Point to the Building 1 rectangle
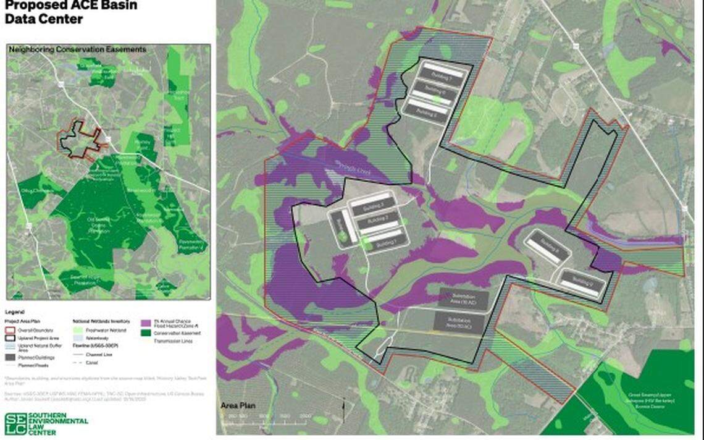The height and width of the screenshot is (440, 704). pos(379,239)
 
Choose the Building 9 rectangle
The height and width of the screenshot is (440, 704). pos(582,282)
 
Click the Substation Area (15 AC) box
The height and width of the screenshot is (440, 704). pos(463,299)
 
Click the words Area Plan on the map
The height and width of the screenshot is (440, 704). pos(237,406)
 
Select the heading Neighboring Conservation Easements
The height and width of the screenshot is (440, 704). pos(77,49)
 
